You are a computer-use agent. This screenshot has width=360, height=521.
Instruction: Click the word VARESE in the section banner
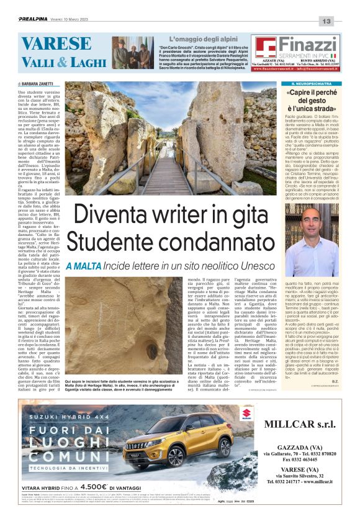point(47,45)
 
